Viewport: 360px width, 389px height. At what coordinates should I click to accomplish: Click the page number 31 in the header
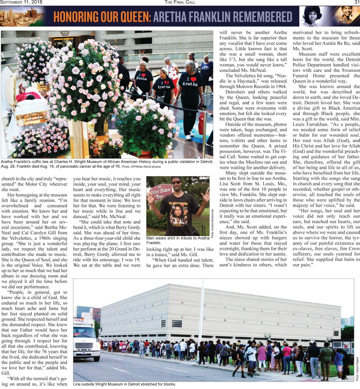pyautogui.click(x=357, y=2)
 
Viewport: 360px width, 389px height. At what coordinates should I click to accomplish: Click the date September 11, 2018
pyautogui.click(x=21, y=2)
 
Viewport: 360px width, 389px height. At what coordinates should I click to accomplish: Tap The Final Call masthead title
pyautogui.click(x=180, y=2)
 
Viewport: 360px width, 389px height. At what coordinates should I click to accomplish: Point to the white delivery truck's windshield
pyautogui.click(x=84, y=332)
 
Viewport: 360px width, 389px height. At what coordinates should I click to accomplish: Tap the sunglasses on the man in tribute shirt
pyautogui.click(x=176, y=182)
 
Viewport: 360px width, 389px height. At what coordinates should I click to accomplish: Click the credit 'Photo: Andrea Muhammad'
pyautogui.click(x=212, y=223)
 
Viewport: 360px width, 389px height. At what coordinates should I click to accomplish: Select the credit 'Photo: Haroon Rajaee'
pyautogui.click(x=357, y=369)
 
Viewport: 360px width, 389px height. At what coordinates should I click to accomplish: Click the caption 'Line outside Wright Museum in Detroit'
pyautogui.click(x=124, y=384)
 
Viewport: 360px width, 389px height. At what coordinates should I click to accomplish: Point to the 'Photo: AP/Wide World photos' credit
pyautogui.click(x=141, y=167)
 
